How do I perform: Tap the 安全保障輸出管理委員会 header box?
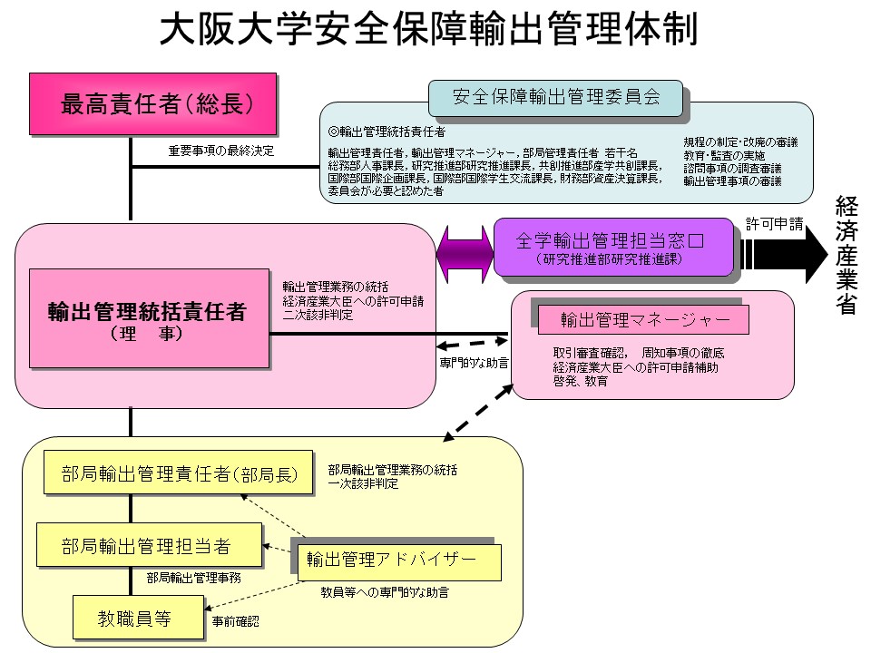coord(555,96)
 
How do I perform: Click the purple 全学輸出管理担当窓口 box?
coord(612,247)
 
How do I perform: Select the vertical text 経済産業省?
coord(847,255)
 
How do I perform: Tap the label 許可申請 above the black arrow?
coord(774,222)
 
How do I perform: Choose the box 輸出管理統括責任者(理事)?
coord(148,318)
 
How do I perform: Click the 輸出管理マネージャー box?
coord(643,319)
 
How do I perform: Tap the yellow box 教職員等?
coord(135,619)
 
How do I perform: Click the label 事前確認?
coord(235,622)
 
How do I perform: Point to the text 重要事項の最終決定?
coord(220,150)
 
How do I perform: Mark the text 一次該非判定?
coord(363,485)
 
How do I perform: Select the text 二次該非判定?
coord(318,315)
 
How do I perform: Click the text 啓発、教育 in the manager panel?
coord(581,381)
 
